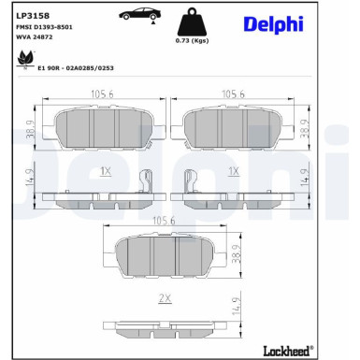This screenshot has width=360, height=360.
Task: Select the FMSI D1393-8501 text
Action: click(44, 27)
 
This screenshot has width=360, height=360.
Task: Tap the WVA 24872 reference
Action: click(34, 37)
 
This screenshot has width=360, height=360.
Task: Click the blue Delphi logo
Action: click(273, 24)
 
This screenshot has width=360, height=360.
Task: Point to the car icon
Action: click(140, 14)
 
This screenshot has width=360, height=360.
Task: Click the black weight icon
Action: click(192, 22)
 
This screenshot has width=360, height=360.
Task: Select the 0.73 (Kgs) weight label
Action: click(192, 41)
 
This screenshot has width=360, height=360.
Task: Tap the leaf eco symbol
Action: click(26, 58)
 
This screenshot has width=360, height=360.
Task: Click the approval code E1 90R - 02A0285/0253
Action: click(76, 68)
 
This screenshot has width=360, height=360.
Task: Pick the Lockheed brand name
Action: click(288, 351)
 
